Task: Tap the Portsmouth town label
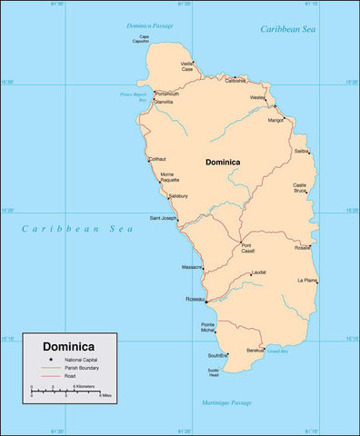(167, 94)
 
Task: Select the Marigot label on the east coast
(276, 119)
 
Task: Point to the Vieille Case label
(187, 66)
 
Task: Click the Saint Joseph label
(165, 217)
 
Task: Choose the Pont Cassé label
(247, 248)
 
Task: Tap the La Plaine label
(306, 281)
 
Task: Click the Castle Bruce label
(300, 188)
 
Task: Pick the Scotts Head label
(214, 372)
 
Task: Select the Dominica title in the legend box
(69, 347)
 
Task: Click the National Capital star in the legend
(52, 361)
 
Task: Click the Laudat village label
(259, 272)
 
